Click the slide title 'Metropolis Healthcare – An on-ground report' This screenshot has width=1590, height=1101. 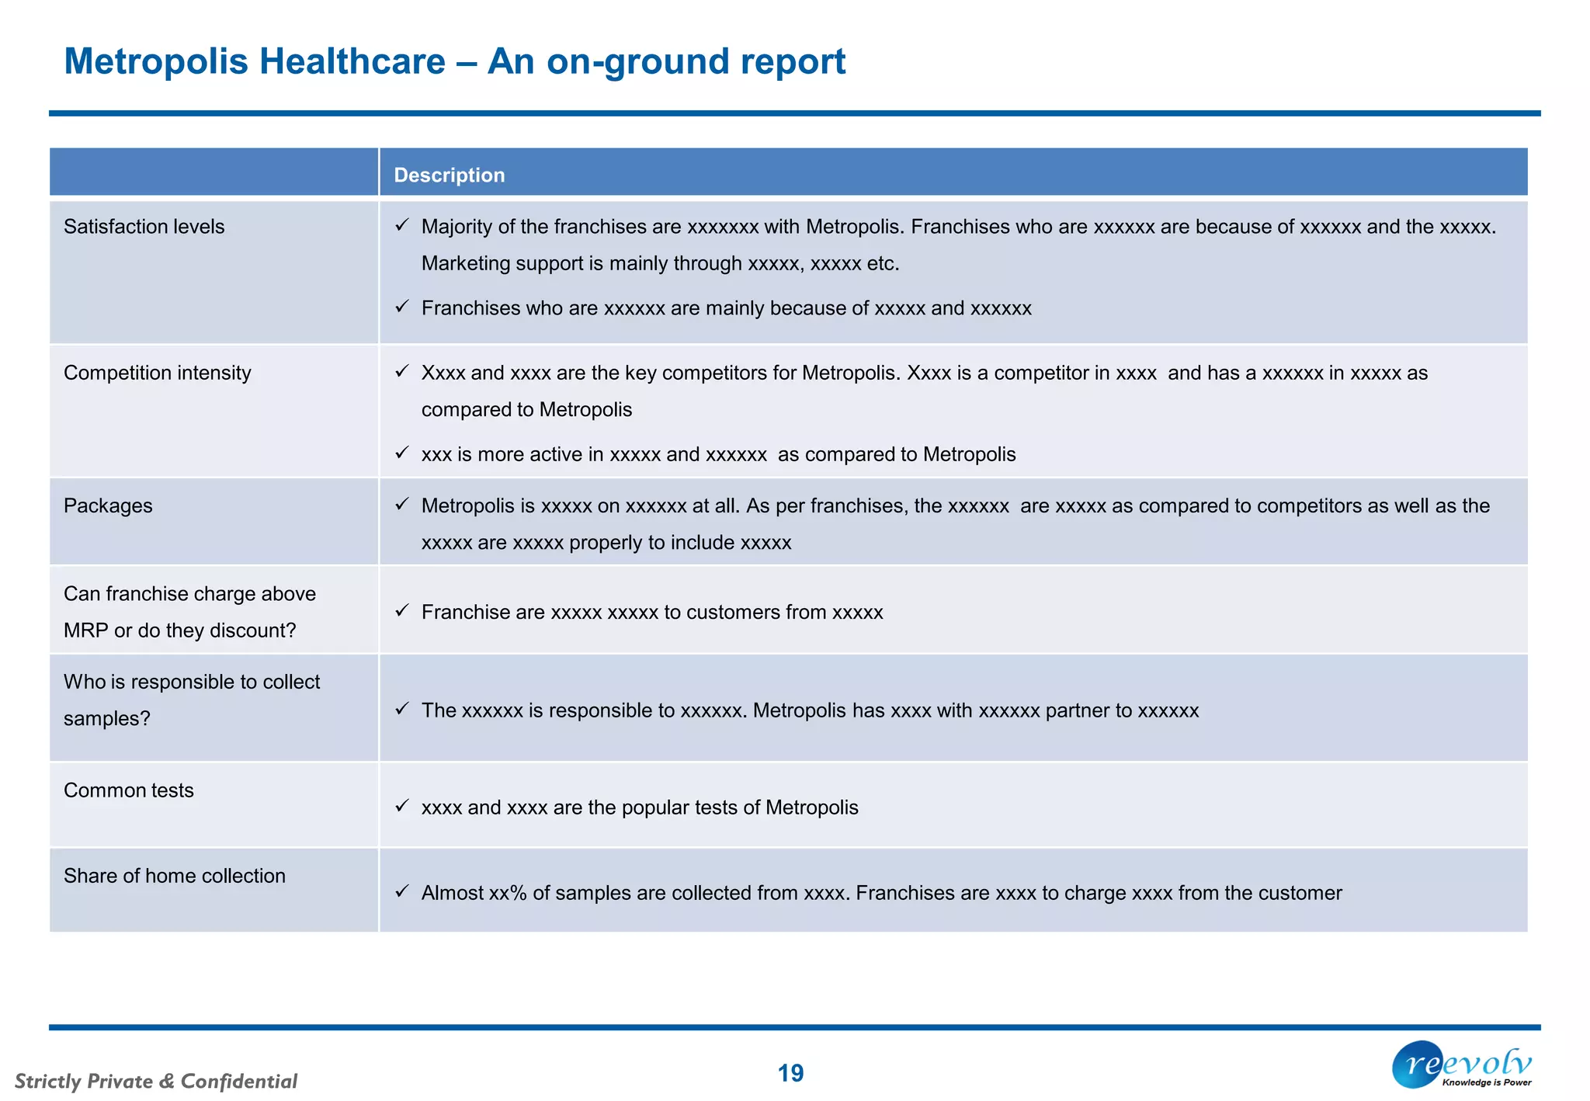454,61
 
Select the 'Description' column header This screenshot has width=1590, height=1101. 449,175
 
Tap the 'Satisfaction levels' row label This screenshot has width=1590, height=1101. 144,226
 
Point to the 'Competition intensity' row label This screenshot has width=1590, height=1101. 157,373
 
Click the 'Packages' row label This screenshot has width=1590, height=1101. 108,505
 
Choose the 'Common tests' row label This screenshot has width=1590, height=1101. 128,790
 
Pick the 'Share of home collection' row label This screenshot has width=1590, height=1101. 174,875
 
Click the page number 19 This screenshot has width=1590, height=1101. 790,1073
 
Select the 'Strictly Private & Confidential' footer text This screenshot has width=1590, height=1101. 155,1081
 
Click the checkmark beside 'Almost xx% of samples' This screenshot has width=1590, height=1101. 401,891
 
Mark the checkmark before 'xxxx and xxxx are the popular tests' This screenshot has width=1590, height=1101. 401,806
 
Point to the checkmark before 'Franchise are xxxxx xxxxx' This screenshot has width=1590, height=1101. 401,610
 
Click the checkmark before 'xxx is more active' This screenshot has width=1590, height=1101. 401,453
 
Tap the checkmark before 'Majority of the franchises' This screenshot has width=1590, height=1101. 401,225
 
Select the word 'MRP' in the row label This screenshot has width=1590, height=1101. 85,630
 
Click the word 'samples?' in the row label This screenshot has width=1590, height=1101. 106,718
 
